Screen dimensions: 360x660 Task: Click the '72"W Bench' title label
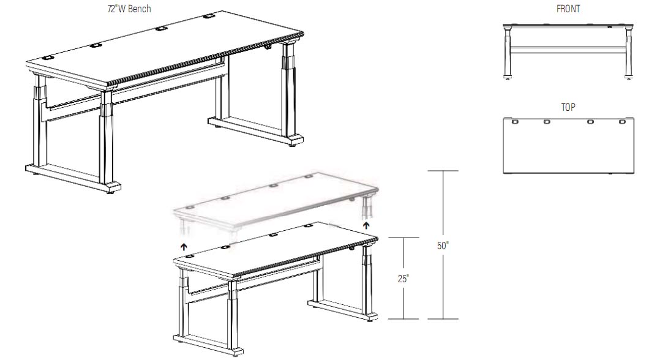[x=129, y=9]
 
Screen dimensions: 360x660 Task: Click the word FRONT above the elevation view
[x=568, y=9]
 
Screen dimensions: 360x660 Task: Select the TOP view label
[x=568, y=107]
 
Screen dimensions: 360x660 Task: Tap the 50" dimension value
[x=443, y=246]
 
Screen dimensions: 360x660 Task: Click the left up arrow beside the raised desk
[x=183, y=246]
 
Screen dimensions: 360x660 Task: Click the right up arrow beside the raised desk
[x=366, y=225]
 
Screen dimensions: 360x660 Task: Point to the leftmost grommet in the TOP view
[x=514, y=122]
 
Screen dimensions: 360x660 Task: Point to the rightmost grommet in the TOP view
[x=622, y=122]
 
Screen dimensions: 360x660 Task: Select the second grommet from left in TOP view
[x=546, y=122]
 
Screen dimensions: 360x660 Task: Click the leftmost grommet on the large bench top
[x=50, y=58]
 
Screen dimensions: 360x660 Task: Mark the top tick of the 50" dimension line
[x=443, y=171]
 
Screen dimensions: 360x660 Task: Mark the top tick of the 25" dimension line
[x=403, y=237]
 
